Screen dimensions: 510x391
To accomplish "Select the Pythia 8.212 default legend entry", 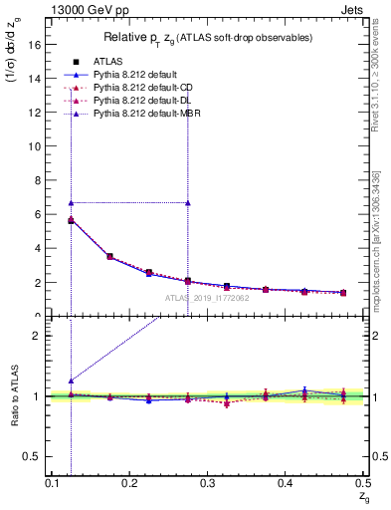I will (138, 74).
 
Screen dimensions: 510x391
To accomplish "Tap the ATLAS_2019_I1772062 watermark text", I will (207, 298).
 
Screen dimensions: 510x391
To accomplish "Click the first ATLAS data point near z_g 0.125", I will (71, 220).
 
